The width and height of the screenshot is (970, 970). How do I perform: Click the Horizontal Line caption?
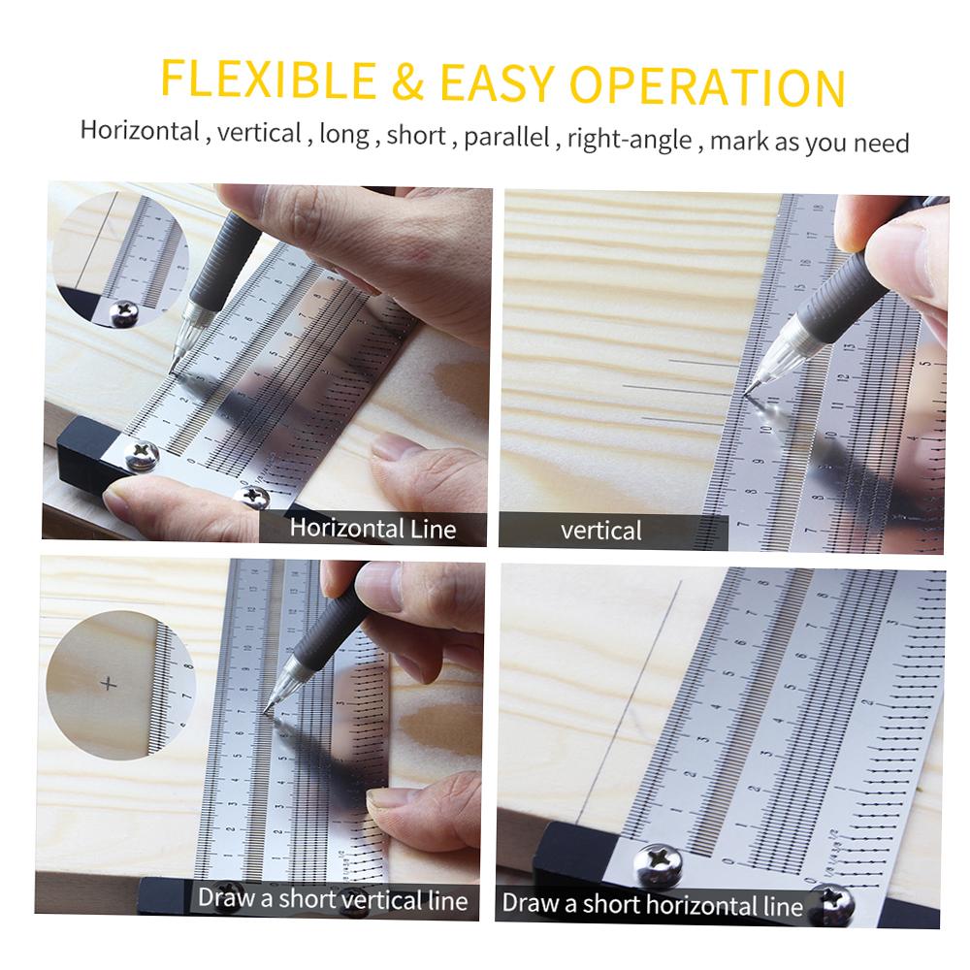[x=372, y=529]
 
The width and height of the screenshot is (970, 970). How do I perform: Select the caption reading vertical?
[x=601, y=531]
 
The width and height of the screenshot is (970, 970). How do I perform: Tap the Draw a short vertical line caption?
[x=333, y=898]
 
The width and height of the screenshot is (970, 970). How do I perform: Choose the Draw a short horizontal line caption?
[x=652, y=905]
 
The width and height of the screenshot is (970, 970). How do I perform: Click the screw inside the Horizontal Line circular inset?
[x=125, y=310]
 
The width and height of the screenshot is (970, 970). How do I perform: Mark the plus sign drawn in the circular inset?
[x=108, y=684]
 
